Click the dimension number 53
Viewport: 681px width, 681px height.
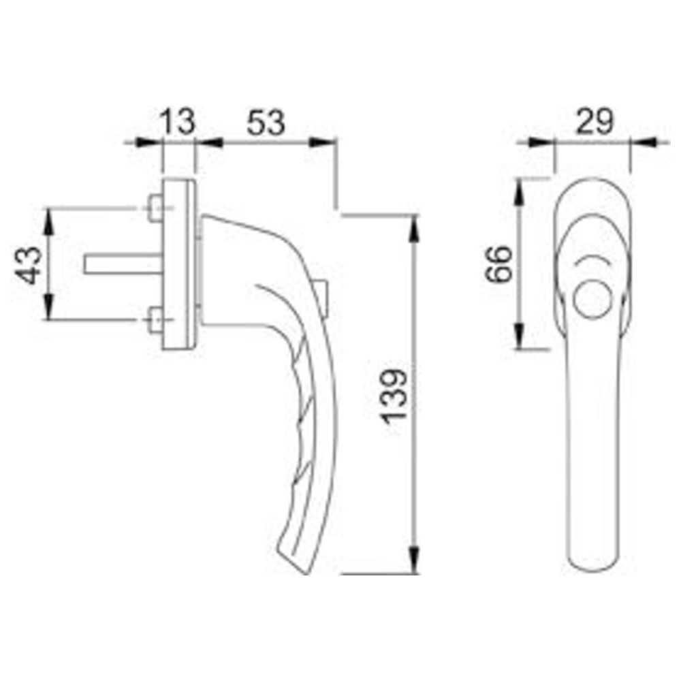266,123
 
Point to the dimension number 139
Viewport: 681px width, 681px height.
394,395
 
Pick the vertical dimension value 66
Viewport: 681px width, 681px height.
499,264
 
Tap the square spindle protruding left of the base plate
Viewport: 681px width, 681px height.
123,264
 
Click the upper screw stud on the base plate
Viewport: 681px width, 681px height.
155,208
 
